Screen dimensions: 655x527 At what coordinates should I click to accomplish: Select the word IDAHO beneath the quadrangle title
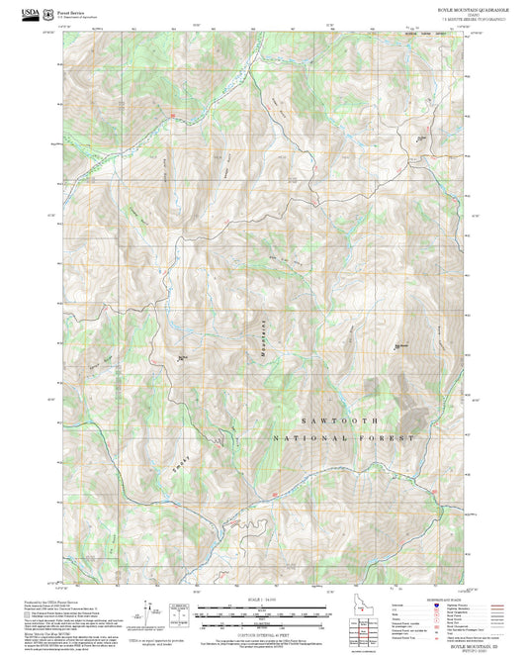434,14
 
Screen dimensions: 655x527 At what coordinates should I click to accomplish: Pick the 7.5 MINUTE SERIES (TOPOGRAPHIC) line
434,19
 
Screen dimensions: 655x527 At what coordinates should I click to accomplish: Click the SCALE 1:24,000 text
262,601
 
